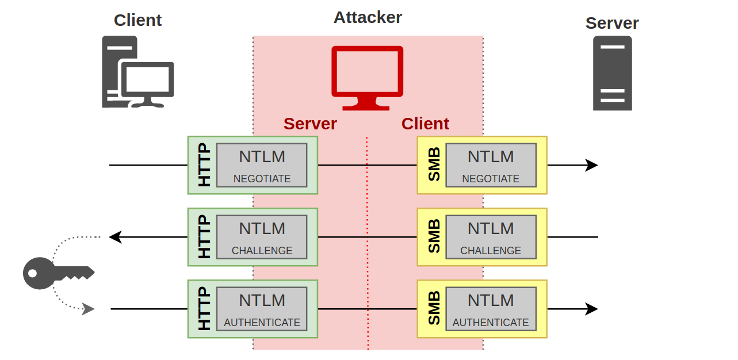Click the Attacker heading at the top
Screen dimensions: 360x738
tap(368, 17)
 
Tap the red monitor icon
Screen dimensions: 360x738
tap(367, 78)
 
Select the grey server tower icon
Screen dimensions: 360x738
tap(612, 73)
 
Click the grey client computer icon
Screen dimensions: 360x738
tap(137, 72)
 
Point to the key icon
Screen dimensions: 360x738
tap(58, 273)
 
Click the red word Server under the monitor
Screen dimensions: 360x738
tap(310, 124)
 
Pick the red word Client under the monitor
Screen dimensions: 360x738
tap(425, 124)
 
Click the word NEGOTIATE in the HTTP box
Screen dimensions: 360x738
tap(262, 179)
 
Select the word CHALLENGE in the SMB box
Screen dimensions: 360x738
tap(490, 251)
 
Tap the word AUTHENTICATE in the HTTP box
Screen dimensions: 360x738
tap(262, 323)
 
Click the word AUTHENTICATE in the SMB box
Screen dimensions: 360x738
tap(490, 323)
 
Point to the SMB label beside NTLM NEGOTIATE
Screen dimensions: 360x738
tap(434, 165)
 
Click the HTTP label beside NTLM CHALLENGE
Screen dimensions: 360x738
tap(204, 237)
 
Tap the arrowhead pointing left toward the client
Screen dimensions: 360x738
tap(115, 237)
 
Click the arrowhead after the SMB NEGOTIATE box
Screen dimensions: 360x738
tap(592, 165)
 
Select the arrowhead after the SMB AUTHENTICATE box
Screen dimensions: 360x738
tap(592, 309)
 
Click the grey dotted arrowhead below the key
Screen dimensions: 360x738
tap(88, 309)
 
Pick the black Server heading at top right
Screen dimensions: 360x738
tap(612, 23)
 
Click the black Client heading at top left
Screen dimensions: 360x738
tap(137, 20)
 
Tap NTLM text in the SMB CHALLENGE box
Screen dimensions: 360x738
tap(490, 228)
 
